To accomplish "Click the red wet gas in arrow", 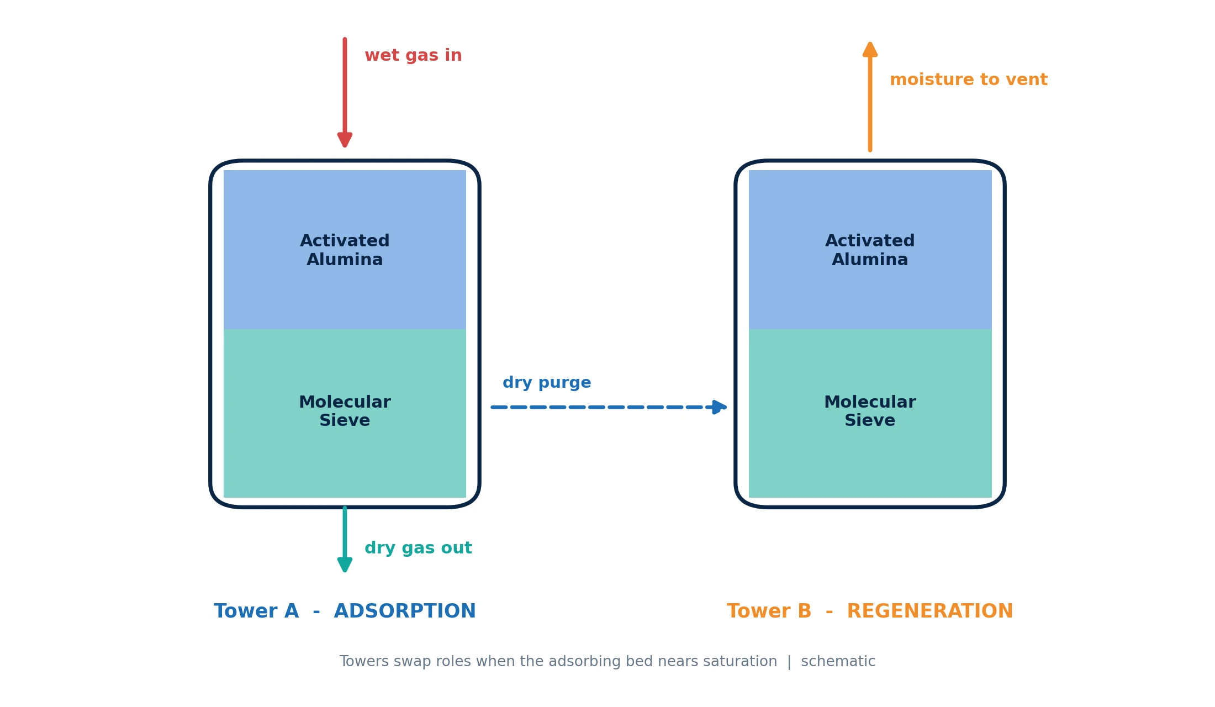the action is [345, 93].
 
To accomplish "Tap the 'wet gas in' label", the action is [413, 55].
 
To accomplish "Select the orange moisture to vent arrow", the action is [870, 97].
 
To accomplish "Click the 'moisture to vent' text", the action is [969, 80].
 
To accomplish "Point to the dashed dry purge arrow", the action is [609, 407].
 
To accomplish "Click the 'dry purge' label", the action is [547, 383].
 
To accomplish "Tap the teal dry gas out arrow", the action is [345, 539].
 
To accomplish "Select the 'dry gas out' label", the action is [418, 548].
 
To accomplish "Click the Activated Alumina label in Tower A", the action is [345, 250].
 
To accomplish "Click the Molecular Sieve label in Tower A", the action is [345, 411].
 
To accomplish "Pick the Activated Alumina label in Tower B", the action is [870, 250].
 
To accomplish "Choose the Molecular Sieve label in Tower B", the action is [870, 411].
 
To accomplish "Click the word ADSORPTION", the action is [405, 611].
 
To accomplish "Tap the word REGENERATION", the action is [930, 611].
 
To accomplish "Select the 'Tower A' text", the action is [256, 611].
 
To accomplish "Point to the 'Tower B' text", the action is [769, 611].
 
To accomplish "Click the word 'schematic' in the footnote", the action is [838, 662].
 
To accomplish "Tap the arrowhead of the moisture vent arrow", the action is [870, 49].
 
